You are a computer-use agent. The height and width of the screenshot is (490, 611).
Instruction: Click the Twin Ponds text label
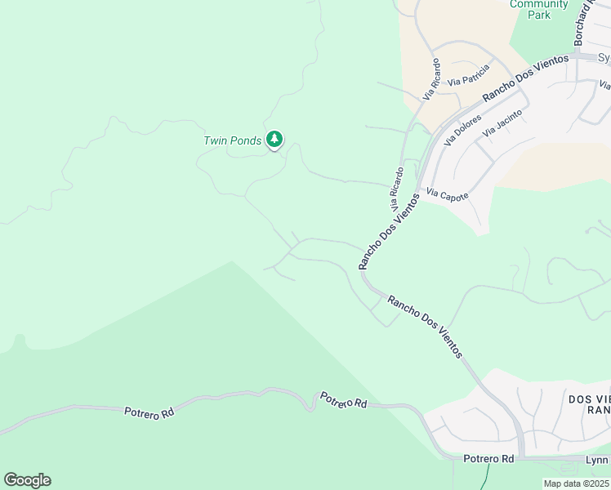coord(232,140)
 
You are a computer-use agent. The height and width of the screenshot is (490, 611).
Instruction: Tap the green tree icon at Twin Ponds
coord(275,140)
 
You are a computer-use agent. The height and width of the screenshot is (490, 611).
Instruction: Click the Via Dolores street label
coord(462,131)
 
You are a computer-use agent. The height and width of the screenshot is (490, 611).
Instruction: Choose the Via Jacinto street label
coord(502,121)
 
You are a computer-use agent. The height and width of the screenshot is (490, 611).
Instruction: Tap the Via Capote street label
coord(447,195)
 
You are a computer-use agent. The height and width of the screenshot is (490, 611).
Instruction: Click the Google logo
coord(27,480)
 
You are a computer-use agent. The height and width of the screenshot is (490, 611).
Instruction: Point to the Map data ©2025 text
coord(576,483)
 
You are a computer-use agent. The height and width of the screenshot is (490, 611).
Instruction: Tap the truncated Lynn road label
coord(596,461)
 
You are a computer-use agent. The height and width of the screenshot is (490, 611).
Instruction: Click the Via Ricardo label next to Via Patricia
coord(432,79)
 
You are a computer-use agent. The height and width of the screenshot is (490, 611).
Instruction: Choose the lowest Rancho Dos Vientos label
coord(425,327)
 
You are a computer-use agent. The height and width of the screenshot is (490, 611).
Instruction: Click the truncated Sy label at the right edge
coord(604,58)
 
